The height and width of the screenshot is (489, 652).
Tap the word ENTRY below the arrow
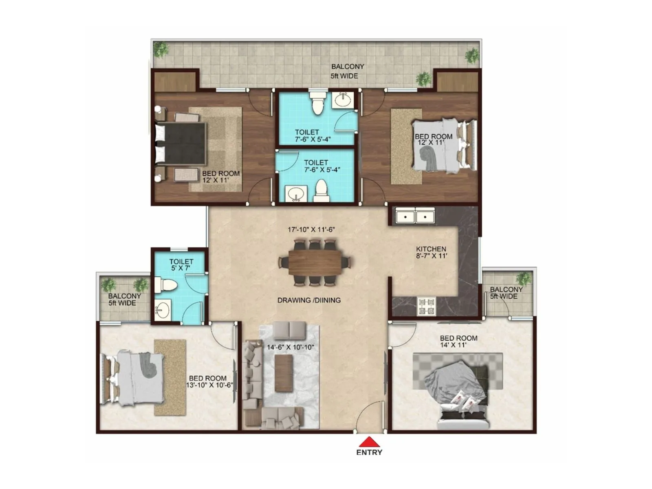(369, 452)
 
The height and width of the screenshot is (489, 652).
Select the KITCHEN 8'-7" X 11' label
(431, 252)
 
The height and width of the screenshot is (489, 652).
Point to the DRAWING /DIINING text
(309, 300)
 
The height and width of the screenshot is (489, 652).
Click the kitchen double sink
(415, 216)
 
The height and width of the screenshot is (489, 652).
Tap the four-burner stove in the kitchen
(427, 306)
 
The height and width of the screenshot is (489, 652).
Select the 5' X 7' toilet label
(181, 265)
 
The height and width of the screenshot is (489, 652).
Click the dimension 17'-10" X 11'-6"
(311, 230)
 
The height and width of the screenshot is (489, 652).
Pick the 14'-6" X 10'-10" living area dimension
(290, 348)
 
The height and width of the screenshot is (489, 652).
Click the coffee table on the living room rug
(284, 373)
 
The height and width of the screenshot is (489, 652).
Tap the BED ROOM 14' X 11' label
(458, 341)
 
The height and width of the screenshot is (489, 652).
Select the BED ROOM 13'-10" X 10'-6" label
(208, 382)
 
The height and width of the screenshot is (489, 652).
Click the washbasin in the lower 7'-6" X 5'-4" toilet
(295, 194)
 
